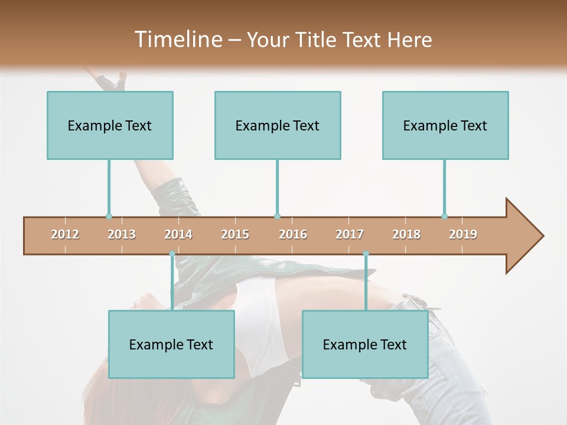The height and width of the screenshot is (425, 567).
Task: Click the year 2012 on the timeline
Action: pyautogui.click(x=65, y=234)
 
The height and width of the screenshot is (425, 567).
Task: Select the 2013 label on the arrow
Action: pyautogui.click(x=122, y=234)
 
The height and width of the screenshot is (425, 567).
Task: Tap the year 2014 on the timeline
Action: pyautogui.click(x=178, y=234)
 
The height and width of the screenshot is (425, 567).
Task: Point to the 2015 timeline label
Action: pyautogui.click(x=235, y=234)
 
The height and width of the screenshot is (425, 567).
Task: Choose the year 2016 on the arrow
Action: pyautogui.click(x=293, y=234)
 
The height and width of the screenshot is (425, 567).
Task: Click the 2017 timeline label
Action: pyautogui.click(x=350, y=234)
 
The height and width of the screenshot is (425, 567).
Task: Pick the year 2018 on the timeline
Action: pyautogui.click(x=406, y=234)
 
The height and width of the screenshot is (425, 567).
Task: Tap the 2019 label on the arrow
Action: pyautogui.click(x=463, y=234)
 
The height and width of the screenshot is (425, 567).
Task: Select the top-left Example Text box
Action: pyautogui.click(x=110, y=125)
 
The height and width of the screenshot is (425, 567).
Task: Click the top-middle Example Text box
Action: pyautogui.click(x=278, y=125)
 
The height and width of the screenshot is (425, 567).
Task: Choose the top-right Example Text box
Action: pyautogui.click(x=445, y=125)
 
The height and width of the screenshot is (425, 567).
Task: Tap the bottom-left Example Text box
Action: pyautogui.click(x=171, y=344)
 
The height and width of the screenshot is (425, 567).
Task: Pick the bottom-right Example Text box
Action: pyautogui.click(x=365, y=344)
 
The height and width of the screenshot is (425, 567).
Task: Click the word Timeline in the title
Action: pyautogui.click(x=177, y=40)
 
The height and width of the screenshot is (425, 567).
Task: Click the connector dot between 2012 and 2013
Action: pyautogui.click(x=109, y=216)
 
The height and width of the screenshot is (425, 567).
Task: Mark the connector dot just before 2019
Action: pyautogui.click(x=445, y=216)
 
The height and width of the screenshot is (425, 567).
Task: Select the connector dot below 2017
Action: pyautogui.click(x=366, y=254)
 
